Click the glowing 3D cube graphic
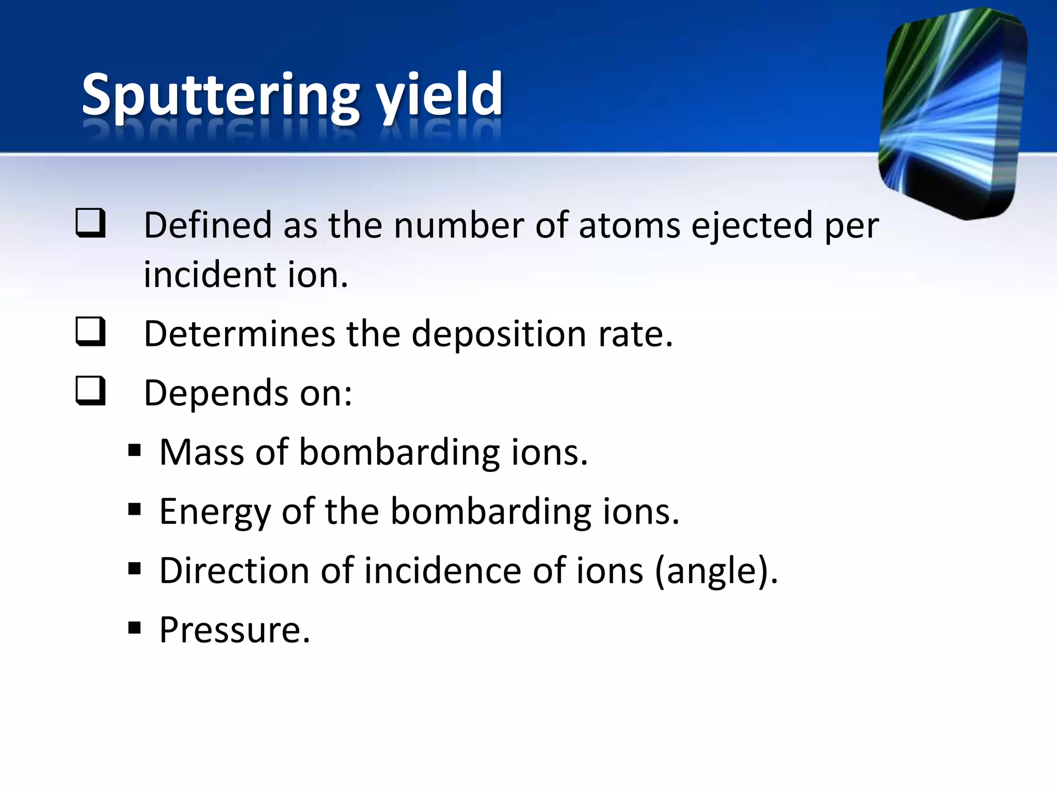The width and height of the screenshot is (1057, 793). (x=952, y=114)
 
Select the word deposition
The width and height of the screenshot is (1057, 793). (x=499, y=335)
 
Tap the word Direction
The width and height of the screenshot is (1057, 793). (x=234, y=570)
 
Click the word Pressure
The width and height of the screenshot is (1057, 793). (x=234, y=630)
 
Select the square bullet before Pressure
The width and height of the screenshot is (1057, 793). (x=135, y=628)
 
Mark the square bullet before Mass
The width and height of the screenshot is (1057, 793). (x=135, y=451)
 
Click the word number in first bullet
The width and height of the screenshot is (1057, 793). (x=459, y=226)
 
